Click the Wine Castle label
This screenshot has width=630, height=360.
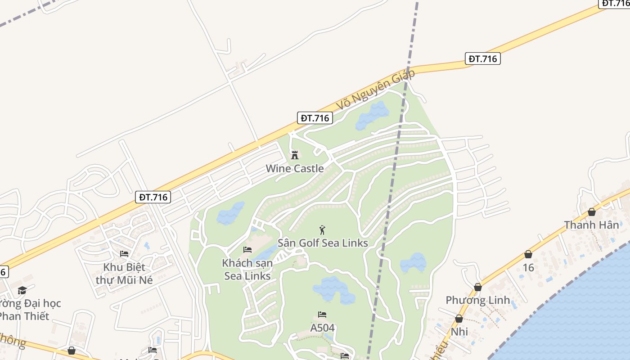click(x=295, y=169)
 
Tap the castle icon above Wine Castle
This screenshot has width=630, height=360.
click(x=295, y=155)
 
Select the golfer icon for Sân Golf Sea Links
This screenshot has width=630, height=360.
click(x=322, y=230)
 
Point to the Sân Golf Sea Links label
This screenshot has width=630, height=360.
click(x=323, y=243)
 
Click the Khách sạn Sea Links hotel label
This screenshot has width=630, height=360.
click(x=247, y=269)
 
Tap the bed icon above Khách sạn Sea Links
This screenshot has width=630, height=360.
click(x=247, y=250)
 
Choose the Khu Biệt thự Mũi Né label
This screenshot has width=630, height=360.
click(x=124, y=273)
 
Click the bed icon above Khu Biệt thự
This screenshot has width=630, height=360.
click(x=124, y=254)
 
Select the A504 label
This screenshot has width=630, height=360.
click(x=322, y=328)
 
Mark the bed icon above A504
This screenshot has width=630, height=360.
click(x=322, y=315)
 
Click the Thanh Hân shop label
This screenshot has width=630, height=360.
click(x=591, y=225)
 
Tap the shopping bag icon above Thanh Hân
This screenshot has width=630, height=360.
click(x=592, y=212)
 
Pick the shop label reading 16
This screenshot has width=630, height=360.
click(x=528, y=268)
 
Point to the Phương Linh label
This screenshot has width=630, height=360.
click(x=477, y=300)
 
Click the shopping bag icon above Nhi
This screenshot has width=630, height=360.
click(x=459, y=319)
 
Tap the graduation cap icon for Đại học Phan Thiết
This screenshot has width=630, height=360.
click(x=22, y=290)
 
